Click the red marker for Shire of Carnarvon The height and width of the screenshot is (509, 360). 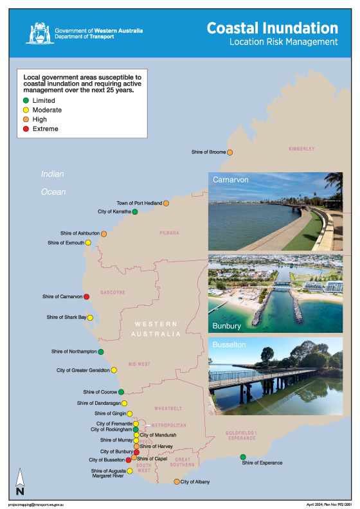pyautogui.click(x=86, y=296)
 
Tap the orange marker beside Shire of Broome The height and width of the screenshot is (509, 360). pyautogui.click(x=230, y=152)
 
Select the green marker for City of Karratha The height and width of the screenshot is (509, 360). pyautogui.click(x=134, y=211)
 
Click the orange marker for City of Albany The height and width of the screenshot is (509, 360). pyautogui.click(x=177, y=481)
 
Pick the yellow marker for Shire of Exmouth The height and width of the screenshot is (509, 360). pyautogui.click(x=88, y=243)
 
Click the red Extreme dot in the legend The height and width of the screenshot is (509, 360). pyautogui.click(x=26, y=129)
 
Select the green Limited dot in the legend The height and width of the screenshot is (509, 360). pyautogui.click(x=26, y=101)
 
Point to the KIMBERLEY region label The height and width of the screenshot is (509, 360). pyautogui.click(x=301, y=148)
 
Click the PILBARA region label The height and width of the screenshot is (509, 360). pyautogui.click(x=170, y=233)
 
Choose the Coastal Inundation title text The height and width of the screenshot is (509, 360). pyautogui.click(x=272, y=28)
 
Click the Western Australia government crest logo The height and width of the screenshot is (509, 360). pyautogui.click(x=40, y=32)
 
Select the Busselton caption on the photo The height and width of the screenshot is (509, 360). pyautogui.click(x=230, y=345)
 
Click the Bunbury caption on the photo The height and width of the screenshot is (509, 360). pyautogui.click(x=226, y=326)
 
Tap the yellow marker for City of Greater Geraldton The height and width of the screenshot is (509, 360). pyautogui.click(x=114, y=370)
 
